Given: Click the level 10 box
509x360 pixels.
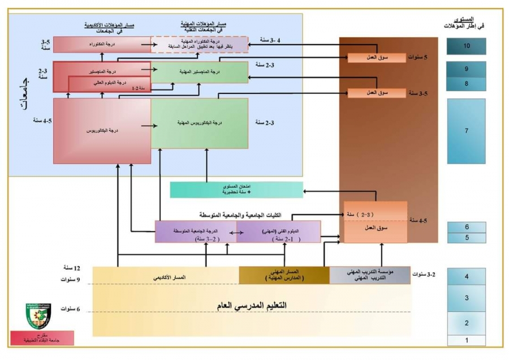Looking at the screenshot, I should tap(466, 46).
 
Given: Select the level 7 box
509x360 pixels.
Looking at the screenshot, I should tap(466, 131).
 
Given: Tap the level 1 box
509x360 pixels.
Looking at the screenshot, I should tap(466, 340).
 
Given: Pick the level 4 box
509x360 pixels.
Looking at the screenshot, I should tap(466, 277).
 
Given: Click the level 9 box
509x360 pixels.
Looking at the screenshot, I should tap(466, 68).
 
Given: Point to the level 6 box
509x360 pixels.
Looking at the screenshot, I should tap(466, 227).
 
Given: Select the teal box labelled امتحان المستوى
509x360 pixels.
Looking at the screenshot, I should tap(236, 189).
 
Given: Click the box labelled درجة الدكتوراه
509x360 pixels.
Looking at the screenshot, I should tap(102, 44).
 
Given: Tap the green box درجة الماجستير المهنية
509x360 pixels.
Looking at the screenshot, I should tap(200, 72).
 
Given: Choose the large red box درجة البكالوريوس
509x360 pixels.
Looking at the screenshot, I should tap(102, 131).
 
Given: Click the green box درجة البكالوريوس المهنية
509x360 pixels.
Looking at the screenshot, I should tap(200, 123).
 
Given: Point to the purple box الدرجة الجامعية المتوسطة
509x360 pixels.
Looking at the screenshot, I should tap(196, 232).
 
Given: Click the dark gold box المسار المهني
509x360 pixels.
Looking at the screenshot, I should tap(284, 275).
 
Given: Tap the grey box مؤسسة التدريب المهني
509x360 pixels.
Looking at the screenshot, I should tap(370, 275).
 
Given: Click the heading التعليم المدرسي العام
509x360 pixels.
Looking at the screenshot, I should tap(252, 305).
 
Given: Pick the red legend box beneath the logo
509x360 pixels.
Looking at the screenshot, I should tap(42, 338).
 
